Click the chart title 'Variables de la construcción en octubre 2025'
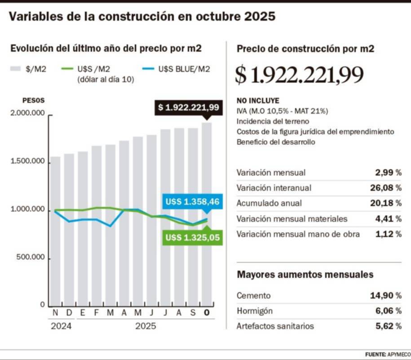[142, 17]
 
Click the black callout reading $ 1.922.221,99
[188, 107]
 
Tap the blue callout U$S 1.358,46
[192, 202]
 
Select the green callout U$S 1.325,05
[192, 237]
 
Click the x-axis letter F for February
[96, 313]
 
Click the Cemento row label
[254, 296]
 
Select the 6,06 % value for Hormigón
[385, 311]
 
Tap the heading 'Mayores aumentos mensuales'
[305, 274]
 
